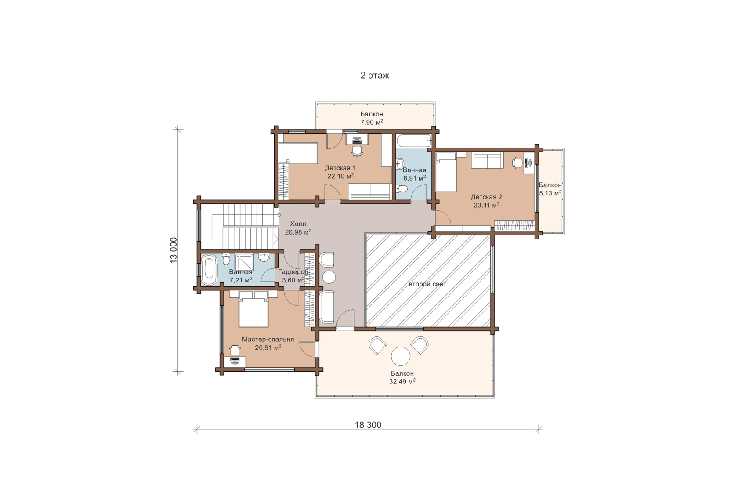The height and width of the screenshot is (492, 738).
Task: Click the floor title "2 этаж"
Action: pyautogui.click(x=375, y=76)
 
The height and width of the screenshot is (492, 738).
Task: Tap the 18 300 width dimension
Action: pyautogui.click(x=368, y=425)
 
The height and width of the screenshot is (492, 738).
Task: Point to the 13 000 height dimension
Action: pyautogui.click(x=174, y=250)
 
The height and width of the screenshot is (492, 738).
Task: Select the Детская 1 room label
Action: pyautogui.click(x=340, y=168)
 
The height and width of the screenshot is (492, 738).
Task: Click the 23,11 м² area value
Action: pyautogui.click(x=487, y=205)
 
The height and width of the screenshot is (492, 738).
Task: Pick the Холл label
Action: pyautogui.click(x=298, y=224)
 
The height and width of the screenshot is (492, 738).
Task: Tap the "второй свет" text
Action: pyautogui.click(x=427, y=284)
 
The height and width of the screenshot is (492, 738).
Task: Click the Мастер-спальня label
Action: pyautogui.click(x=268, y=340)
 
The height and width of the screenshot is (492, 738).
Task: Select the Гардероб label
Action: pyautogui.click(x=293, y=272)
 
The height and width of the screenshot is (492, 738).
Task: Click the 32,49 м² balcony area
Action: pyautogui.click(x=402, y=381)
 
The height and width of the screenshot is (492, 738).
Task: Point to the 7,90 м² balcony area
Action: pyautogui.click(x=372, y=122)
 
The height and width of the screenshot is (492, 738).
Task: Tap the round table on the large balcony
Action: pyautogui.click(x=401, y=356)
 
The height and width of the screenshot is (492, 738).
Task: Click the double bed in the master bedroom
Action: pyautogui.click(x=253, y=309)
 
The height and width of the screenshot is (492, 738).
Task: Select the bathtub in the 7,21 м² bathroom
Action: pyautogui.click(x=209, y=269)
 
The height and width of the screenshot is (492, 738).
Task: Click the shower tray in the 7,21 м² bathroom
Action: pyautogui.click(x=244, y=263)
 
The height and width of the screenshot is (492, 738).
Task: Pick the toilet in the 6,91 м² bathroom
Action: pyautogui.click(x=402, y=189)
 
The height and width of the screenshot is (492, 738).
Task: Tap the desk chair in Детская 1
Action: pyautogui.click(x=357, y=151)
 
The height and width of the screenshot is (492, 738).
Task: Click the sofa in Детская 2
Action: pyautogui.click(x=487, y=160)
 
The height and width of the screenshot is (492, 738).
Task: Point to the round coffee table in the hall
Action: pyautogui.click(x=329, y=277)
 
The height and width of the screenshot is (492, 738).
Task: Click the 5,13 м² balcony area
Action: pyautogui.click(x=550, y=193)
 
